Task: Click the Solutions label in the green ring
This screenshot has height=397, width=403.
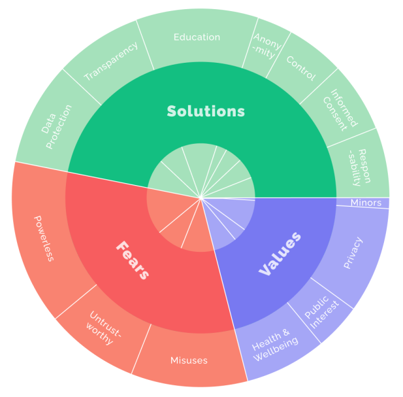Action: [206, 111]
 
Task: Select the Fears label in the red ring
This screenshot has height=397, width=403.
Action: [133, 259]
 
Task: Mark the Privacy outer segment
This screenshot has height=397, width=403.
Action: [353, 252]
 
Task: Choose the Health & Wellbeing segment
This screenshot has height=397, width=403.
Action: [274, 347]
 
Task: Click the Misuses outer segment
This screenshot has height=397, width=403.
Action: [188, 360]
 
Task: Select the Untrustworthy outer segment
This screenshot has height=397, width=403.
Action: [105, 334]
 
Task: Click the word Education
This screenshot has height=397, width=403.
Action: [197, 37]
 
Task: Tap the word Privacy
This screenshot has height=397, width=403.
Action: [353, 252]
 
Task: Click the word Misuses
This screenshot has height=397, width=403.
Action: [188, 360]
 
